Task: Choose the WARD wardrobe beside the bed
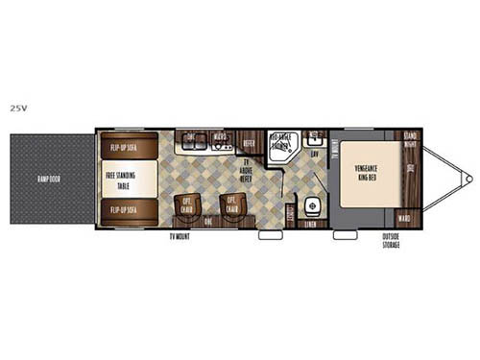coord(404,217)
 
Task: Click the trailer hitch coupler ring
coord(467,179)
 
